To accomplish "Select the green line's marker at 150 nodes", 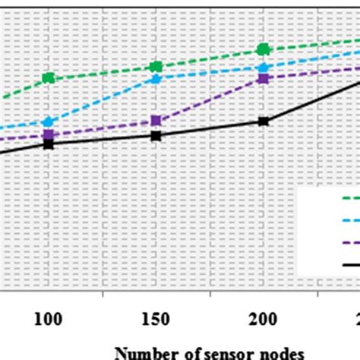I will [156, 67].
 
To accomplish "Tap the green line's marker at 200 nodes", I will [264, 49].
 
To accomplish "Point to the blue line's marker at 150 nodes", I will [156, 78].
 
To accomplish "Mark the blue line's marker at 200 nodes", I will [264, 67].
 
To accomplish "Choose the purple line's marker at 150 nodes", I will [156, 121].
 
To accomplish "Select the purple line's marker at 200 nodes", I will [264, 78].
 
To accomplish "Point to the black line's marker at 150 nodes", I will [156, 135].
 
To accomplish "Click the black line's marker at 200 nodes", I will [264, 122].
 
